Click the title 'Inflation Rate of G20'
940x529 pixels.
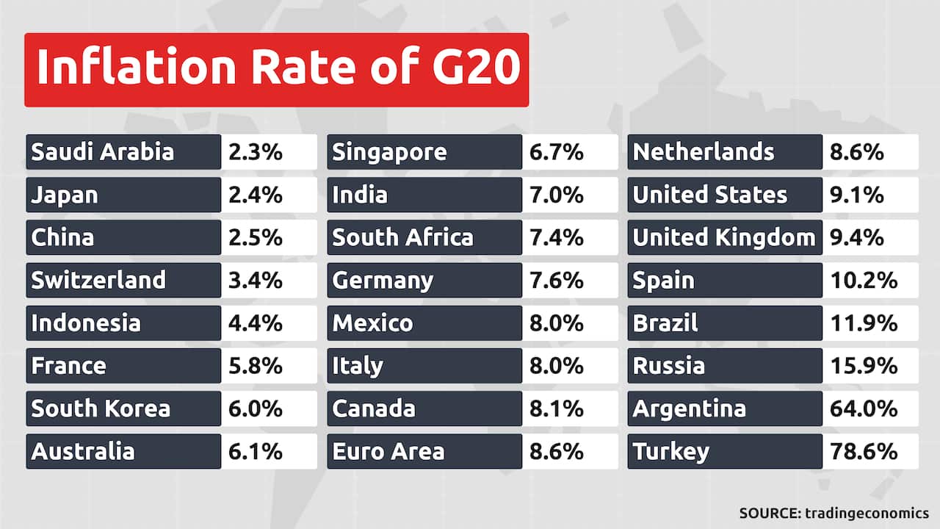click(277, 68)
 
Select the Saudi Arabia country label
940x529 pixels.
click(103, 152)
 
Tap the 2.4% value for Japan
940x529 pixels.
click(255, 195)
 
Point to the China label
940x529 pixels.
click(62, 237)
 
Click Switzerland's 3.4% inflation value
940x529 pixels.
click(255, 280)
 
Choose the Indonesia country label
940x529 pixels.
click(85, 323)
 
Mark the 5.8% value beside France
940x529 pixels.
click(255, 365)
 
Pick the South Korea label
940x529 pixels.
click(101, 408)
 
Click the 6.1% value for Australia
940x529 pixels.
click(255, 450)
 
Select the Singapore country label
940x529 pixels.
click(389, 152)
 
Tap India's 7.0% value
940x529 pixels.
click(556, 195)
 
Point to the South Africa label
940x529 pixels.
click(402, 237)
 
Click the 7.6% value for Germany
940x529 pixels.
click(556, 280)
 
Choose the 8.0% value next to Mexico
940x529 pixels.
click(556, 323)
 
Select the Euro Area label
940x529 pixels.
click(388, 450)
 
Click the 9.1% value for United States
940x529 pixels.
click(857, 195)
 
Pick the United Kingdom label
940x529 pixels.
click(724, 237)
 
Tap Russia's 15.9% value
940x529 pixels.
click(864, 365)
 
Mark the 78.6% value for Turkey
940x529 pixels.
click(864, 450)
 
